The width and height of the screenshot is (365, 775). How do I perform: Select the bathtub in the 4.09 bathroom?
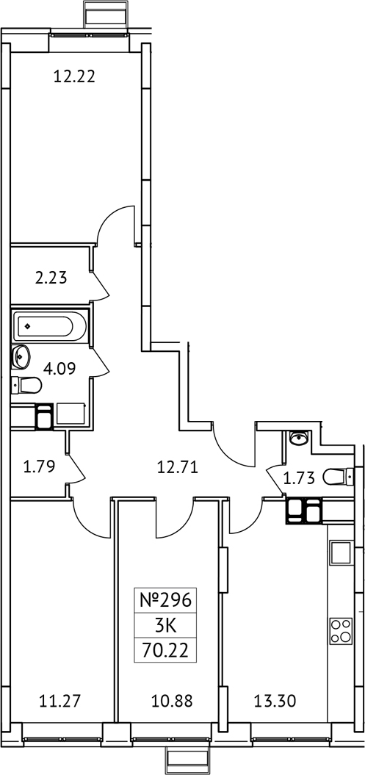(x=47, y=325)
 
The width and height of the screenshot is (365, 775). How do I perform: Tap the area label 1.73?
(x=300, y=478)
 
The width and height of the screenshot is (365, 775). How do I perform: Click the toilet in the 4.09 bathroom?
(x=26, y=384)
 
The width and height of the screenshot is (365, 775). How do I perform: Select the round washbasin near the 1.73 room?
(x=299, y=439)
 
